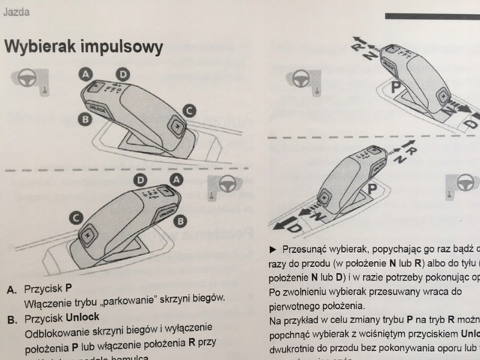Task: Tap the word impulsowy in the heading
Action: (x=124, y=47)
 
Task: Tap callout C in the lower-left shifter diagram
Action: (x=76, y=217)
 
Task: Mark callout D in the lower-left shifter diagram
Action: (x=139, y=181)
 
